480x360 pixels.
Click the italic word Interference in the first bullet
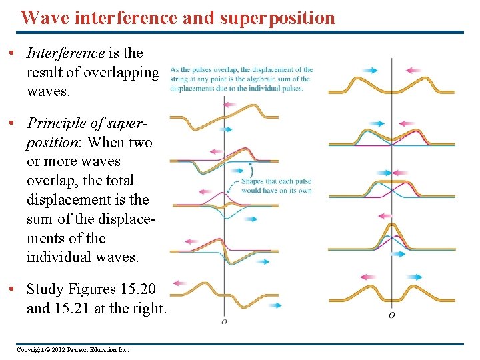click(65, 53)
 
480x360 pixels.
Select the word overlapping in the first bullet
click(126, 72)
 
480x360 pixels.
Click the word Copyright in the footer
click(30, 349)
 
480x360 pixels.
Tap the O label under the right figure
click(391, 315)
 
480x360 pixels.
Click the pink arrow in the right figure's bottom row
click(368, 277)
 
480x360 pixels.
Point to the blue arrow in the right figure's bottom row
click(414, 277)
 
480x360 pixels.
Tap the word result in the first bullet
click(43, 72)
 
